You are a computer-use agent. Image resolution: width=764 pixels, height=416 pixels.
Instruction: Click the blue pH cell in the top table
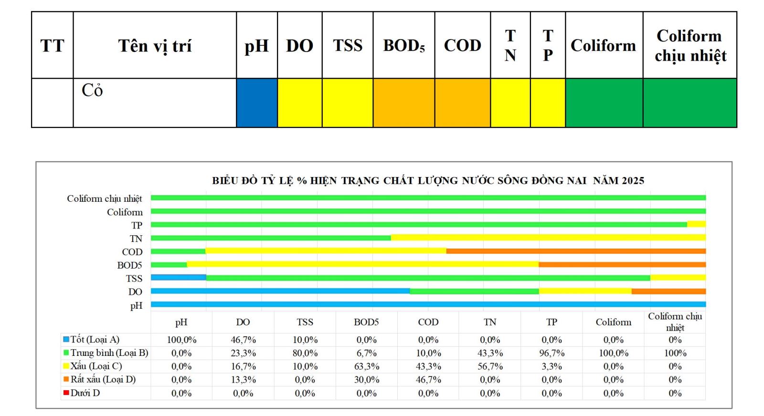(257, 103)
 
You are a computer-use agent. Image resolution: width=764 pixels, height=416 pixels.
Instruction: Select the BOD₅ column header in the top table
(403, 45)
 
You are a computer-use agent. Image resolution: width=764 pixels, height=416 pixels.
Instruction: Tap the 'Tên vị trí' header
(155, 46)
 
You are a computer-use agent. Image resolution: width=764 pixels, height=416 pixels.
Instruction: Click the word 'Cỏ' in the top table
(92, 90)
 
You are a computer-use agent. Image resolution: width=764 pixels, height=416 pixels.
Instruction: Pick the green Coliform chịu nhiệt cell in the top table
(690, 103)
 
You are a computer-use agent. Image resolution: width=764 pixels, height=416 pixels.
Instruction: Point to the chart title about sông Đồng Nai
(428, 181)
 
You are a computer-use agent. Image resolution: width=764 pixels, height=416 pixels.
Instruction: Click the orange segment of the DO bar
(668, 291)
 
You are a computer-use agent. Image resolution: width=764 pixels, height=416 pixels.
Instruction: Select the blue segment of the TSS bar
(179, 278)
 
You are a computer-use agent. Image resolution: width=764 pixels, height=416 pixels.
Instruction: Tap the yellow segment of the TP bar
(696, 224)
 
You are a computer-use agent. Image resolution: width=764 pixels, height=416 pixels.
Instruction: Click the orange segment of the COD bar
(575, 251)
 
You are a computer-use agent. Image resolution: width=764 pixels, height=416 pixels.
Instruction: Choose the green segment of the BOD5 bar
(169, 264)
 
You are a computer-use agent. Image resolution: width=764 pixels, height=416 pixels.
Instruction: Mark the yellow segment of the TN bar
(548, 238)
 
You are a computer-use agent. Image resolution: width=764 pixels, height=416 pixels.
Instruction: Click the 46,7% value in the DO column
(243, 340)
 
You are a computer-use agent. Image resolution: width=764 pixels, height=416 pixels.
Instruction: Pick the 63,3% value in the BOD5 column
(366, 366)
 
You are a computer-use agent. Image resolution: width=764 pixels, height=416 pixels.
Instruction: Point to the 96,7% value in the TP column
(552, 353)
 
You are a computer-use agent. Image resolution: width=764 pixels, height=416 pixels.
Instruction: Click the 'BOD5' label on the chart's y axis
(129, 265)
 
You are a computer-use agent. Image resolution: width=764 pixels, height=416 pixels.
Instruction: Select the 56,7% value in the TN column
(490, 366)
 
